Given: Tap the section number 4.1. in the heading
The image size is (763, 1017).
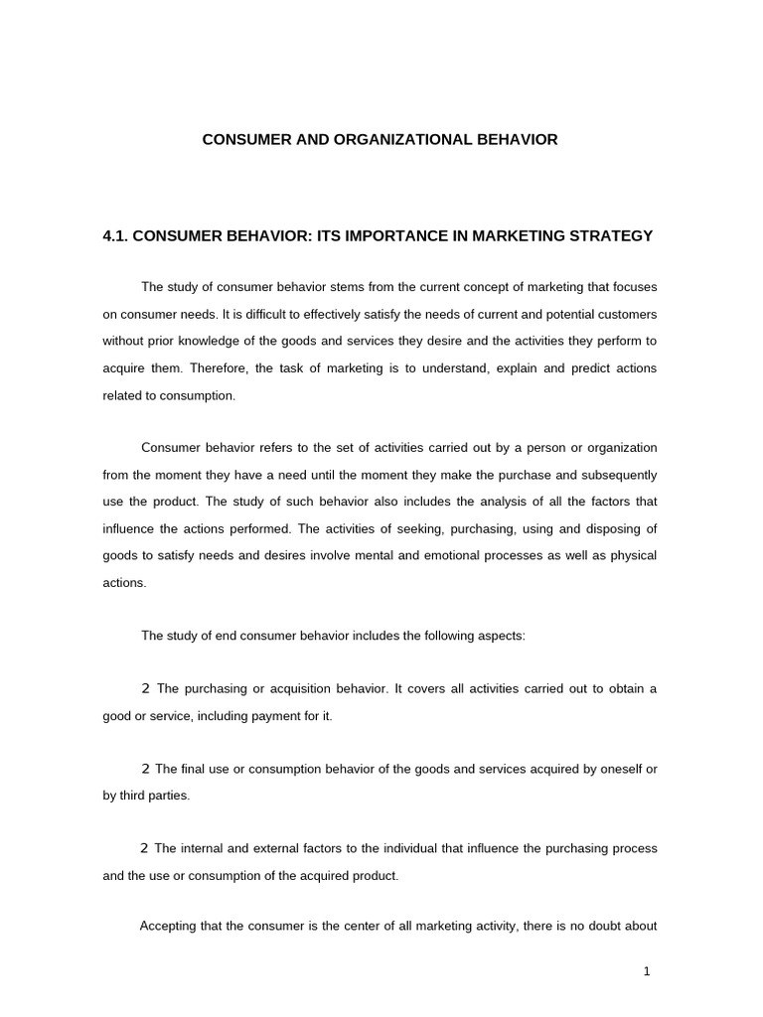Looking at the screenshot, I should (115, 236).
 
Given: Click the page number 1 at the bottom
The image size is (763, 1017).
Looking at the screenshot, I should (646, 971).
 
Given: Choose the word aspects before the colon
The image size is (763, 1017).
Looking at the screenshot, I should (500, 636).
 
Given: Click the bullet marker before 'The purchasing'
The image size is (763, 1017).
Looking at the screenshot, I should (146, 688).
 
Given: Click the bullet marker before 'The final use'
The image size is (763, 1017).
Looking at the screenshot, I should (146, 769).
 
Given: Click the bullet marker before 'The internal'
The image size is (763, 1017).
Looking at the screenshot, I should (146, 848).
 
